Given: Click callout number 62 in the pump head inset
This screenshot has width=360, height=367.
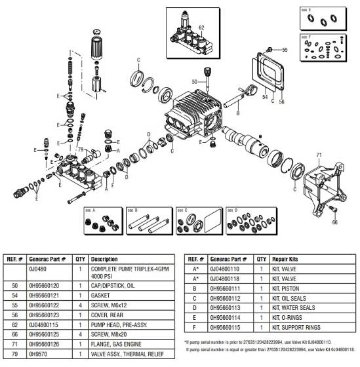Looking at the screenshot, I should pyautogui.click(x=201, y=27).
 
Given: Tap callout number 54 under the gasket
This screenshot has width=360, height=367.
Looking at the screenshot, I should pyautogui.click(x=266, y=96).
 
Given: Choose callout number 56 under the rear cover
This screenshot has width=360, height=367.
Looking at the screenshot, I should pyautogui.click(x=283, y=102).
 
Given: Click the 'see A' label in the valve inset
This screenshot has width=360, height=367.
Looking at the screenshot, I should pyautogui.click(x=90, y=211).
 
